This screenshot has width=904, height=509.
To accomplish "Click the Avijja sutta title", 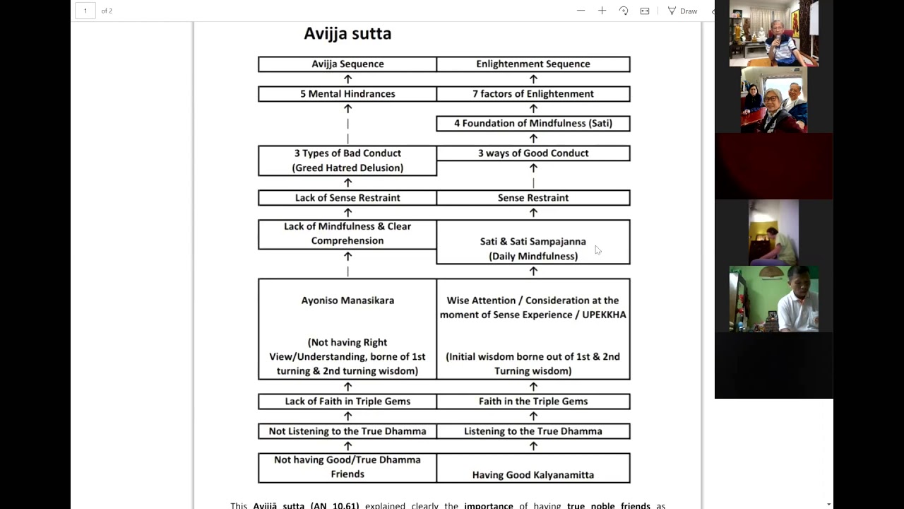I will point(347,33).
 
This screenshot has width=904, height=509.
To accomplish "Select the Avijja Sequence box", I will point(347,64).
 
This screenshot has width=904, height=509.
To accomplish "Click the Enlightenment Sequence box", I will point(533,64).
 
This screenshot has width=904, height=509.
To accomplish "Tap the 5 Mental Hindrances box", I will point(347,93).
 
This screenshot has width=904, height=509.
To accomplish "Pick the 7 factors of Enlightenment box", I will point(533,93).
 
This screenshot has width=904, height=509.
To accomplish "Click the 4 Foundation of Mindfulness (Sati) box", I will point(533,123).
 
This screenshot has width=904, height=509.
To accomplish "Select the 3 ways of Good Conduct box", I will point(533,153).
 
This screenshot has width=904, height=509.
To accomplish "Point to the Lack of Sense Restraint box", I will point(347,198).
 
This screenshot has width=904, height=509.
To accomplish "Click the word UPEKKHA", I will point(604,315).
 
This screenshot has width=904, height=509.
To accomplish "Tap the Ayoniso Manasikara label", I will point(347,300).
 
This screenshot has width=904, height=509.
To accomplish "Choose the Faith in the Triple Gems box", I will point(533,401).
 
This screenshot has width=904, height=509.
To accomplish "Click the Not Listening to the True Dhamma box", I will point(347,431).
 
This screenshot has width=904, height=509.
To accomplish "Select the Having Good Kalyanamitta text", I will point(533,475).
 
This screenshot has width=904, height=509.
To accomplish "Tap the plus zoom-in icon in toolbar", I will point(602,11).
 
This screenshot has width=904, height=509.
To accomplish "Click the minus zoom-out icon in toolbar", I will point(581,11).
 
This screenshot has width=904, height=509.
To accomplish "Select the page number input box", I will point(85,11).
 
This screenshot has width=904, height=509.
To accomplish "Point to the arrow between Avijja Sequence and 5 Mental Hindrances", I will point(347,78).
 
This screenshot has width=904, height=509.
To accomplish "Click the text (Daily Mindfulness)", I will point(533,256).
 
